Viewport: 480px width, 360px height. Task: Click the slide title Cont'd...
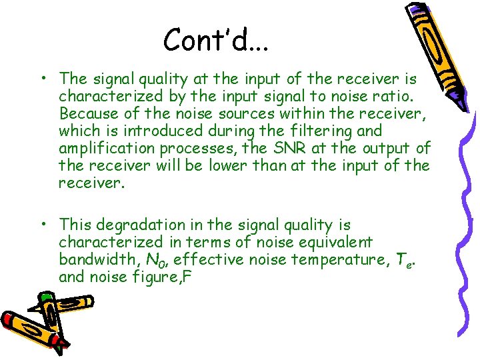[x=216, y=40]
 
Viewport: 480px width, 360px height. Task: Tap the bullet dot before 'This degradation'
[x=41, y=225]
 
